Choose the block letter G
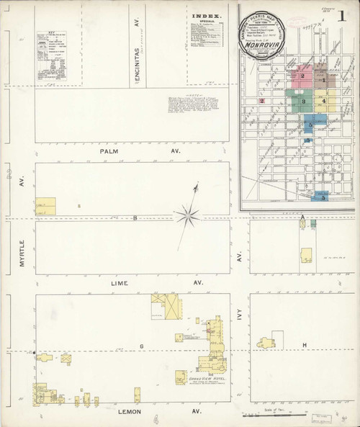click(143, 346)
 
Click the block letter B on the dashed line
click(134, 217)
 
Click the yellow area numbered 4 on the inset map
click(325, 102)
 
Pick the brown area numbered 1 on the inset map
click(325, 78)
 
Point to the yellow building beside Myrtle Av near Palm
click(45, 206)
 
